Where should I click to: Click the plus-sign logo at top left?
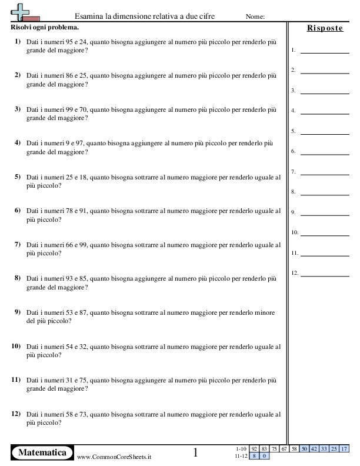(x=23, y=11)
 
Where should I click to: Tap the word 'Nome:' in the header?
(x=255, y=16)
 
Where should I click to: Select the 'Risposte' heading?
(x=325, y=28)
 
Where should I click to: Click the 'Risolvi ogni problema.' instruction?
(x=45, y=28)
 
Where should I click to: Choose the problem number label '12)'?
(x=16, y=414)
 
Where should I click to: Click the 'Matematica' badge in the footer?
(x=42, y=452)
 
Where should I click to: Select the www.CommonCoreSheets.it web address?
(x=114, y=457)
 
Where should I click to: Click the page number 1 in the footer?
(x=196, y=452)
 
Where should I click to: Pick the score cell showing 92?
(x=254, y=449)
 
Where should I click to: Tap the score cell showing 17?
(x=344, y=449)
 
